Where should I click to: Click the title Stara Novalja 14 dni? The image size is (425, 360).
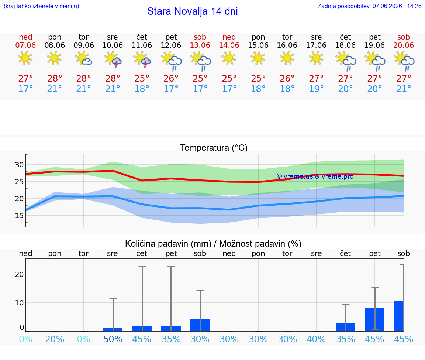point(193,11)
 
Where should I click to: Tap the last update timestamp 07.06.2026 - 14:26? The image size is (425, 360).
point(397,6)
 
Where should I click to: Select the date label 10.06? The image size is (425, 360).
point(113,45)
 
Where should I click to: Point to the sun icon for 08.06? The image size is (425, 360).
point(54,58)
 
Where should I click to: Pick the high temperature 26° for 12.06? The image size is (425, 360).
point(171,78)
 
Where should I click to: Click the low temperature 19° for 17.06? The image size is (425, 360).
point(316,89)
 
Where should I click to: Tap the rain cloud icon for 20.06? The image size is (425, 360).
point(404,61)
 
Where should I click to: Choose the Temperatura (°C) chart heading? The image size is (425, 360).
point(214,148)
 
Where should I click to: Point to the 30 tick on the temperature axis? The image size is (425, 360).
point(19,165)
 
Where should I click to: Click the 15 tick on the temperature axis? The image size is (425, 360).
point(19,216)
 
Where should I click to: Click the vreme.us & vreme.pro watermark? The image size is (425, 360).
point(315,176)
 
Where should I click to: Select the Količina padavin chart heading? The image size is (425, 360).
point(213,244)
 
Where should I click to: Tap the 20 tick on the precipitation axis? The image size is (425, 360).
point(19,274)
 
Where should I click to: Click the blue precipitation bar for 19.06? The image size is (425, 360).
point(374,320)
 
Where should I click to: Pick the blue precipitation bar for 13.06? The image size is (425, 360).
point(200,325)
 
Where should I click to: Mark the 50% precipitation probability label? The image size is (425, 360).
point(113,339)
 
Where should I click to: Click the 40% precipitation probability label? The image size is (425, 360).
point(316,339)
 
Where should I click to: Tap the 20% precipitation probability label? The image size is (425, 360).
point(55,339)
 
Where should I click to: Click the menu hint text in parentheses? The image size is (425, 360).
point(41,6)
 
